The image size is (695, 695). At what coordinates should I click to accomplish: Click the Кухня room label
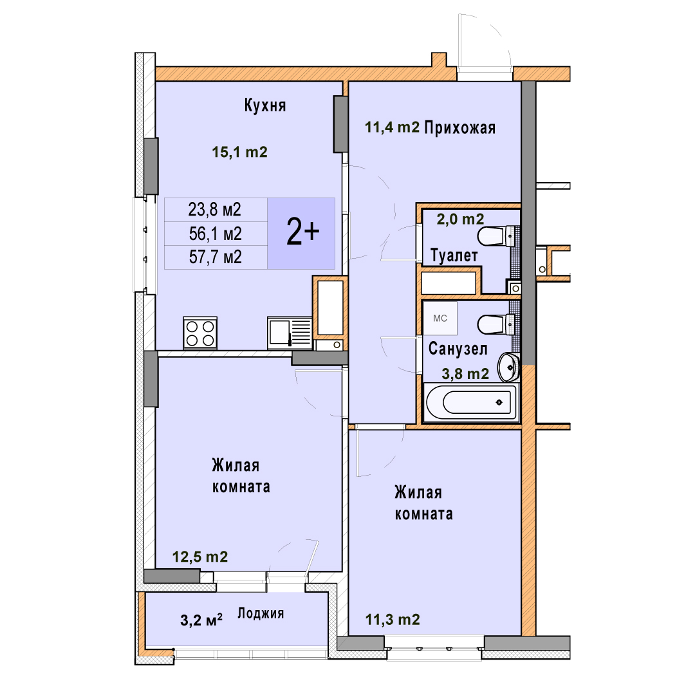(265, 106)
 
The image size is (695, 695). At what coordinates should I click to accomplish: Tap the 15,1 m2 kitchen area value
(240, 152)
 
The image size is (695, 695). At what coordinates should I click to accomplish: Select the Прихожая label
(460, 127)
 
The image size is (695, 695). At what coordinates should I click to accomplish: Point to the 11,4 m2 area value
(393, 127)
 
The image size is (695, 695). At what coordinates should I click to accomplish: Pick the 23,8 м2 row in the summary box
(215, 210)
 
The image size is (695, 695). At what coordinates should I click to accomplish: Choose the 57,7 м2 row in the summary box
(216, 257)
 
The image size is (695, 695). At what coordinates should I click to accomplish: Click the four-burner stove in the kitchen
(200, 333)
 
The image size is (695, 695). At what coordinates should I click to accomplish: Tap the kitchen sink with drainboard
(290, 333)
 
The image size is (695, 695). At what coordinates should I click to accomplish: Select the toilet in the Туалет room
(497, 236)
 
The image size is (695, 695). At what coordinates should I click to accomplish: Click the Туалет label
(454, 255)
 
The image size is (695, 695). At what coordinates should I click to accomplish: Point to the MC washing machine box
(440, 319)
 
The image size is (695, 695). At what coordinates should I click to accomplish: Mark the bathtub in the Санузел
(471, 402)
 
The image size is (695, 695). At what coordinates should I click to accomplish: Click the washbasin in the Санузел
(508, 367)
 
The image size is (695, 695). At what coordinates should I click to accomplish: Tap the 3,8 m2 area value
(465, 374)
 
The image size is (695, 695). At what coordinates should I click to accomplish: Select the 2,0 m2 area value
(461, 219)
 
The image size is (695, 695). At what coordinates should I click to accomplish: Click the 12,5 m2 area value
(200, 557)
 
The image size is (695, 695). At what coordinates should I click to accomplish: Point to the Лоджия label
(261, 613)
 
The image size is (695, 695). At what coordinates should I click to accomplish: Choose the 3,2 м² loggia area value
(201, 620)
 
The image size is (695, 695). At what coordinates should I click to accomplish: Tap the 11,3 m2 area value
(393, 620)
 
